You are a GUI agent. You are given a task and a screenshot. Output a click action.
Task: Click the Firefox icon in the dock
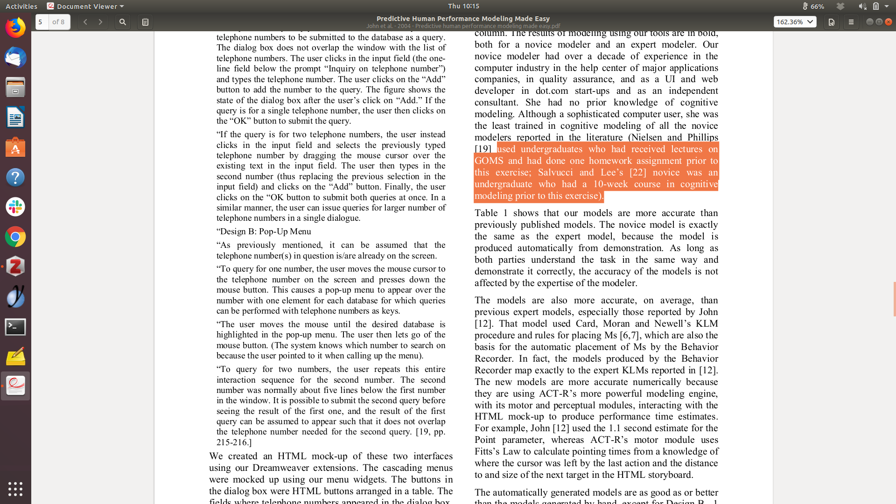tap(15, 28)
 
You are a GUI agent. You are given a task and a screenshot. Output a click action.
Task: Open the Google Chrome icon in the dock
tap(15, 237)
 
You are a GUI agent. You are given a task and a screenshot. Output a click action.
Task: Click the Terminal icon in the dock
tap(15, 327)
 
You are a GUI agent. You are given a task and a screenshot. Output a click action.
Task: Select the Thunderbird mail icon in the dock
tap(15, 58)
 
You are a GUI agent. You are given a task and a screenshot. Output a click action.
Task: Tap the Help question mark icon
tap(15, 177)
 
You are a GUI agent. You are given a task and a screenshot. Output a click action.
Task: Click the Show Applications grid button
tap(15, 489)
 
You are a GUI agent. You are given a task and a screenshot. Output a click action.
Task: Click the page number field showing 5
tap(42, 22)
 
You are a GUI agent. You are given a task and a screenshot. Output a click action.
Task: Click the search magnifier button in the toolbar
tap(123, 22)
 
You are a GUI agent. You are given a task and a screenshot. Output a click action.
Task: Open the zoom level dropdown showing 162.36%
tap(795, 22)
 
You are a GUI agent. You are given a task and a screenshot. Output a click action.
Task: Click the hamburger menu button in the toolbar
tap(851, 22)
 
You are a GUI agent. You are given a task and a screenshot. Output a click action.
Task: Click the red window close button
tap(889, 22)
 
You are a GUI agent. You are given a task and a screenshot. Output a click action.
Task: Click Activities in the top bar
tap(21, 6)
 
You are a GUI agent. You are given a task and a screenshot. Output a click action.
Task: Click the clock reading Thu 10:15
tap(463, 6)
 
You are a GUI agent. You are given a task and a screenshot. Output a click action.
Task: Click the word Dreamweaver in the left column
tap(280, 468)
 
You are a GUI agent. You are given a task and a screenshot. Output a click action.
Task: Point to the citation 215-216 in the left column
tap(233, 442)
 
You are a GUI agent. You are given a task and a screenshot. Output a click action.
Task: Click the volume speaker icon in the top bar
tap(862, 6)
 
